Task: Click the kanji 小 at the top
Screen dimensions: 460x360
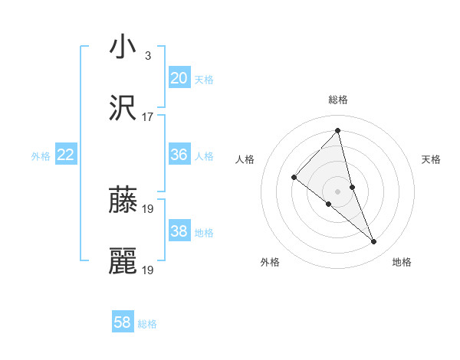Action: point(123,47)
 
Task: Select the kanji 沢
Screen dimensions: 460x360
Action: point(123,108)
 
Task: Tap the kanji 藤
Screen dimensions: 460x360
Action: point(123,200)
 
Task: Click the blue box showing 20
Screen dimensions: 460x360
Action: point(179,78)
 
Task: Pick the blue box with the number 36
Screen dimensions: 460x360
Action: point(179,155)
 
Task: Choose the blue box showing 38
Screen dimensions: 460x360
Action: point(179,231)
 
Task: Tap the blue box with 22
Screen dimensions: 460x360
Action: point(66,155)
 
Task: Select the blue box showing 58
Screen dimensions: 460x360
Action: point(123,322)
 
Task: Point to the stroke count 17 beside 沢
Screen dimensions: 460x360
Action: point(148,117)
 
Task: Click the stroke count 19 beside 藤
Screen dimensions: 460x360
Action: point(148,208)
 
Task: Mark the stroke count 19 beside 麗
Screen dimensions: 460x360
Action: point(148,270)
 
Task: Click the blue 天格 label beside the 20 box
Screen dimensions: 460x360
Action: point(204,79)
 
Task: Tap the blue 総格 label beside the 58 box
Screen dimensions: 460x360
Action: point(147,324)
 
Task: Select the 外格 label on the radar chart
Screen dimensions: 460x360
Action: point(271,262)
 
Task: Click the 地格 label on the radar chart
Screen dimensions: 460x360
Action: point(402,262)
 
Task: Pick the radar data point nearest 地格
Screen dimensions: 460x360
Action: point(374,242)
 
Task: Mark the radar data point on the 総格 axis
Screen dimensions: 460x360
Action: point(337,130)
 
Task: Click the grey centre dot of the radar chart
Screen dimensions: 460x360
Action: point(337,190)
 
